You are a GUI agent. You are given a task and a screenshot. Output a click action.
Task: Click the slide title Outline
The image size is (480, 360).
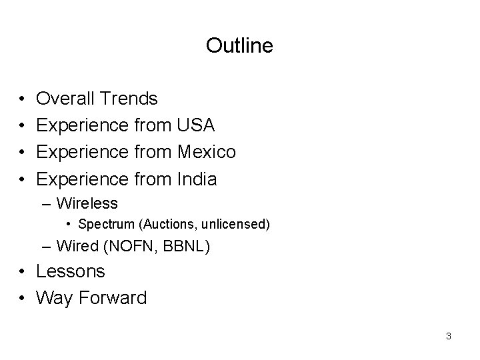[x=239, y=45]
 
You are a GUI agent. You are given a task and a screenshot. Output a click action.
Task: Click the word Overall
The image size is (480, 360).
[x=65, y=99]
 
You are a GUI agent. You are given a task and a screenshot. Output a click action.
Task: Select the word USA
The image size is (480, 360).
[x=195, y=125]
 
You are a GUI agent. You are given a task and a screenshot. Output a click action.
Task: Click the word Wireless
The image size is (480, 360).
[x=87, y=203]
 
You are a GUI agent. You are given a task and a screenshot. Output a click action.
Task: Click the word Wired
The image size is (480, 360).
[x=77, y=246]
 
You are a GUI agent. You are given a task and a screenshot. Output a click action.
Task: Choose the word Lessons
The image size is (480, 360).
[x=71, y=271]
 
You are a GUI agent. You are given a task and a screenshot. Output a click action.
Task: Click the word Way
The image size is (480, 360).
[x=55, y=297]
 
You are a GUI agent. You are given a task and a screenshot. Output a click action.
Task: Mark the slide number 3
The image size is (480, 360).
[x=449, y=336]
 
